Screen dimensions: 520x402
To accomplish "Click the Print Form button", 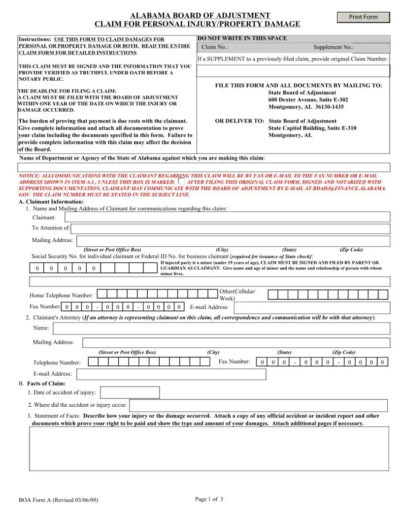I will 363,17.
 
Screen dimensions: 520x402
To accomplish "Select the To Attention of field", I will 230,228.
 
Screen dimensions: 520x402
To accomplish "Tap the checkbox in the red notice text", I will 181,181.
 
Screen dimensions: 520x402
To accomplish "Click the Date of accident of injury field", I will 130,392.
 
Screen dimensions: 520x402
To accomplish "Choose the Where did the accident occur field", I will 258,405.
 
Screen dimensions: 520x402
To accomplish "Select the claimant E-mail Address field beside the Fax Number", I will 311,308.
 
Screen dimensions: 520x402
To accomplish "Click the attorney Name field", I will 221,328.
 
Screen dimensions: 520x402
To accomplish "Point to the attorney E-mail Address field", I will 171,374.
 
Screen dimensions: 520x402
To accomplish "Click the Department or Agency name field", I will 204,167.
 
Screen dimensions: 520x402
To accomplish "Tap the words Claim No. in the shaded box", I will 215,48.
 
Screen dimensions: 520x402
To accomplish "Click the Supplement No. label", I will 334,48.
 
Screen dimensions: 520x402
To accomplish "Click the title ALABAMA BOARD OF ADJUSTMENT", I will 200,16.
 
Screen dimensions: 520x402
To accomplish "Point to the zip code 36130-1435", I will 324,107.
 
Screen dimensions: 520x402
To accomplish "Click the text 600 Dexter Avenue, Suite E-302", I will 308,100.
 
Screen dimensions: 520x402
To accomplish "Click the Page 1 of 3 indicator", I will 209,499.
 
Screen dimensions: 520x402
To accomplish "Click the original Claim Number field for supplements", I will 293,71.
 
